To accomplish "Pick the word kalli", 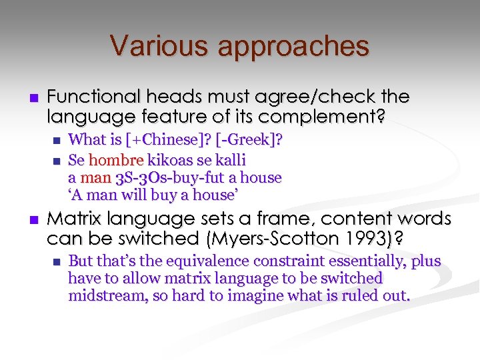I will pos(230,160).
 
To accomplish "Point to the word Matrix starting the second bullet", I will pos(73,219).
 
